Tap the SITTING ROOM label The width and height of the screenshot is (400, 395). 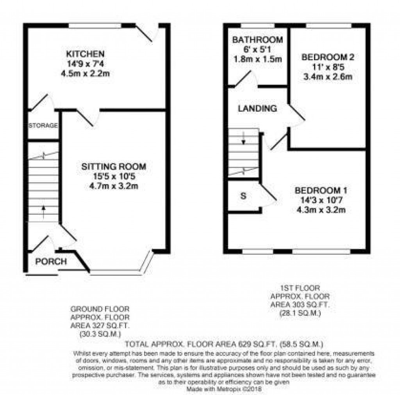point(113,167)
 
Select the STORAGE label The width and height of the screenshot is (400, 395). point(43,125)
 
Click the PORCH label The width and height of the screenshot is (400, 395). point(51,261)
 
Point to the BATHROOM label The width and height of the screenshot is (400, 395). point(257,40)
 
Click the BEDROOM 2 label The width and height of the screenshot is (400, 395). point(328,57)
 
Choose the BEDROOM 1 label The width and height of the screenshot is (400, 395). point(321,191)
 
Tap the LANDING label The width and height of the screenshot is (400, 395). point(257,109)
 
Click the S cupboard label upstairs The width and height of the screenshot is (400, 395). point(243,196)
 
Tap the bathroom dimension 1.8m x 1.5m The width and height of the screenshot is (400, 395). point(257,59)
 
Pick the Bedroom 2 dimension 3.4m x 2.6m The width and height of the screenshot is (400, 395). point(328,77)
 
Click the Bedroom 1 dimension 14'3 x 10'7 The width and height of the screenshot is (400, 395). point(321,200)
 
